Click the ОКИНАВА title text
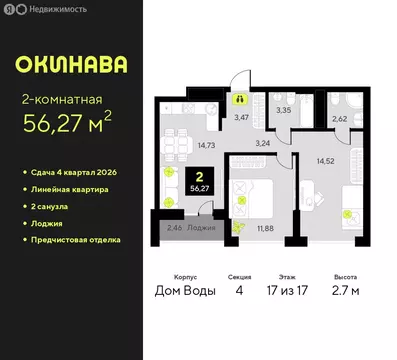(71, 65)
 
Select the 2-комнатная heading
(62, 100)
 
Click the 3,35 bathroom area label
(284, 110)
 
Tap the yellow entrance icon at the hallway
(240, 98)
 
